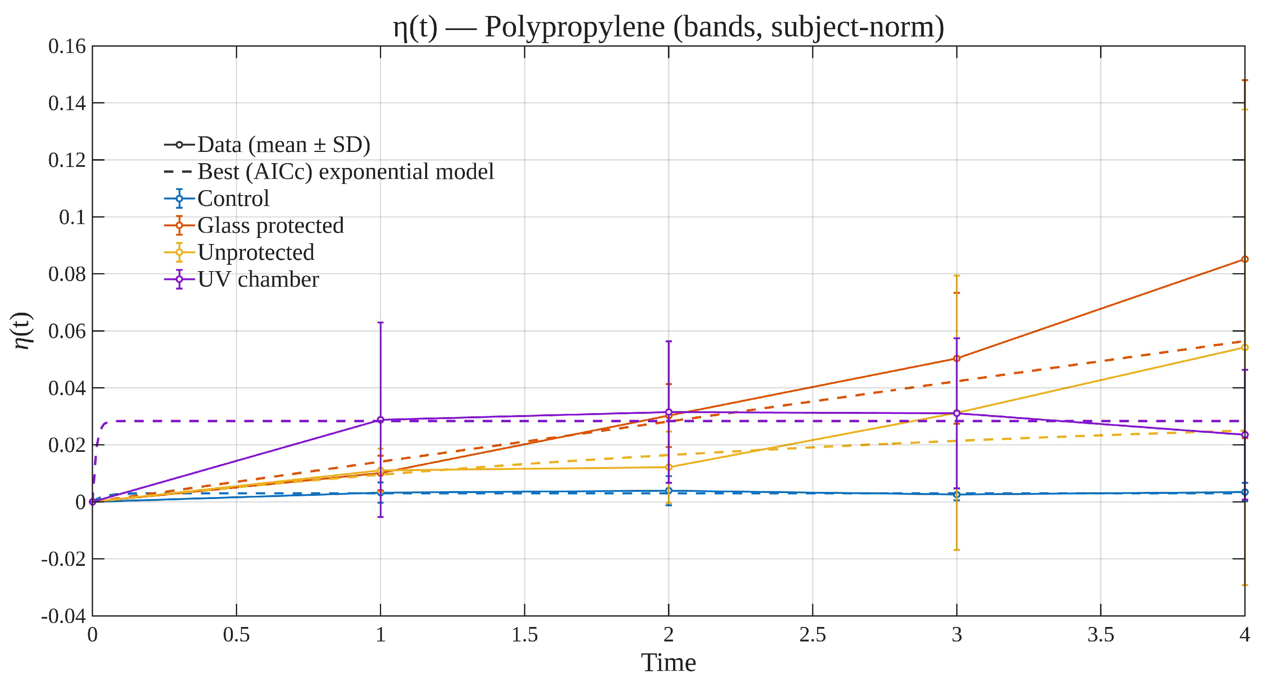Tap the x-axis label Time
pos(668,663)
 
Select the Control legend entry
pos(233,199)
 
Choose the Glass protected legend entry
pos(270,226)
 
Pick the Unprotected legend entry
pos(256,252)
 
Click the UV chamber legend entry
pos(258,280)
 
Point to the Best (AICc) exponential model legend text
pos(346,172)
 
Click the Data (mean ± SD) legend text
pos(284,145)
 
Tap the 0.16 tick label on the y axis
pos(67,46)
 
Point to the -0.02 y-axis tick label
pos(63,559)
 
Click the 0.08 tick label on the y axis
pos(67,274)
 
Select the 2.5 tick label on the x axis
pos(813,635)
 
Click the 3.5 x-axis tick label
pos(1101,635)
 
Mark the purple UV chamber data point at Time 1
pos(380,420)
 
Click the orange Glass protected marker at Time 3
pos(957,358)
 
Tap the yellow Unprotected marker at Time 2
pos(669,467)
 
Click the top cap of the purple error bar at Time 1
pos(380,322)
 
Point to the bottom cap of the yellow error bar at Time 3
pos(957,550)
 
